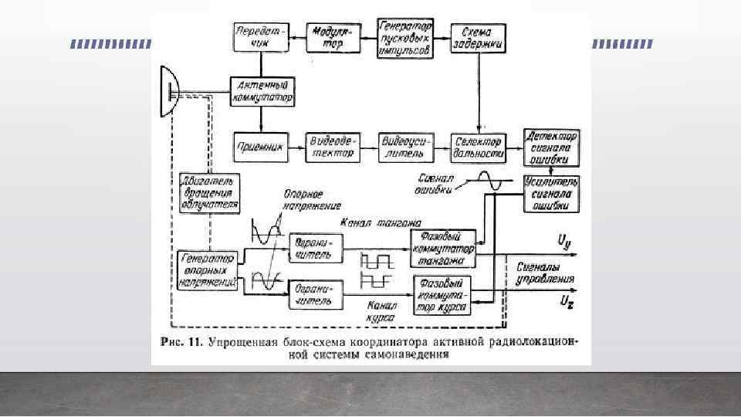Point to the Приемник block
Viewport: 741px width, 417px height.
260,146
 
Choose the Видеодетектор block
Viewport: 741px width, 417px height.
333,146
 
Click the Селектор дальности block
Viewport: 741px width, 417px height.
479,146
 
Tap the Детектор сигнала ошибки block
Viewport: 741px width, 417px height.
550,146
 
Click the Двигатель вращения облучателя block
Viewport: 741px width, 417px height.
208,193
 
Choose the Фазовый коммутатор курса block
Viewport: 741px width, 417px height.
443,295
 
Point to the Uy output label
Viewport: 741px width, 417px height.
564,241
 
